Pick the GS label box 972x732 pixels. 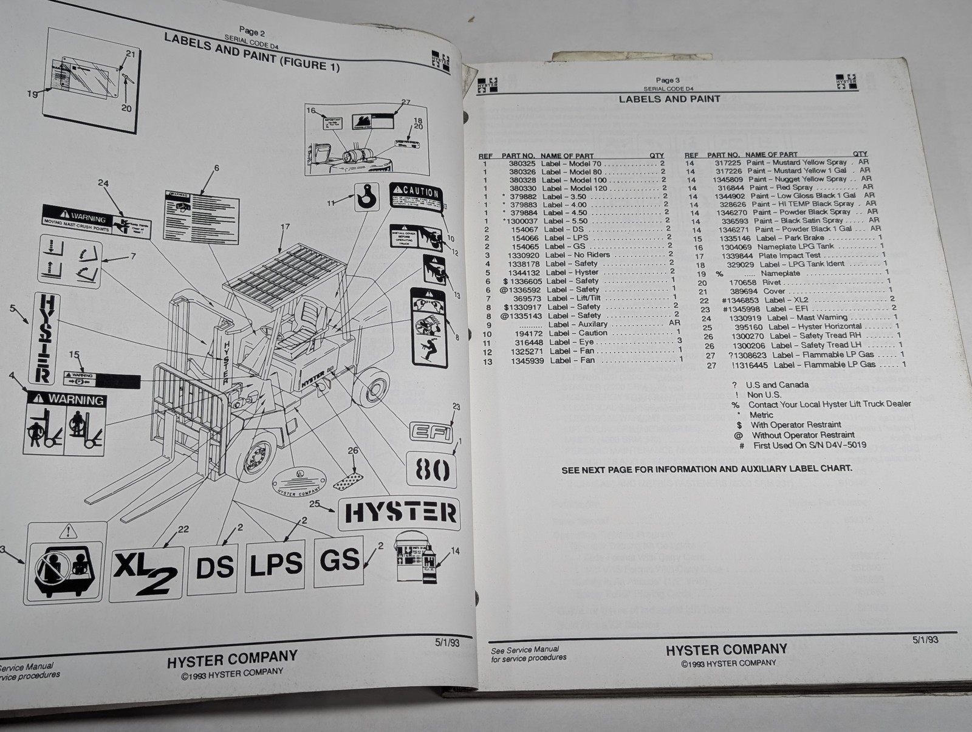click(x=338, y=559)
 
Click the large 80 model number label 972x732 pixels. click(x=432, y=470)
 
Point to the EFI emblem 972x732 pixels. click(x=431, y=432)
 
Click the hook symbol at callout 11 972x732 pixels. click(x=366, y=197)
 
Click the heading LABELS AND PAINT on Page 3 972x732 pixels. click(x=669, y=99)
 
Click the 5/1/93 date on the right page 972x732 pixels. click(x=925, y=640)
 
